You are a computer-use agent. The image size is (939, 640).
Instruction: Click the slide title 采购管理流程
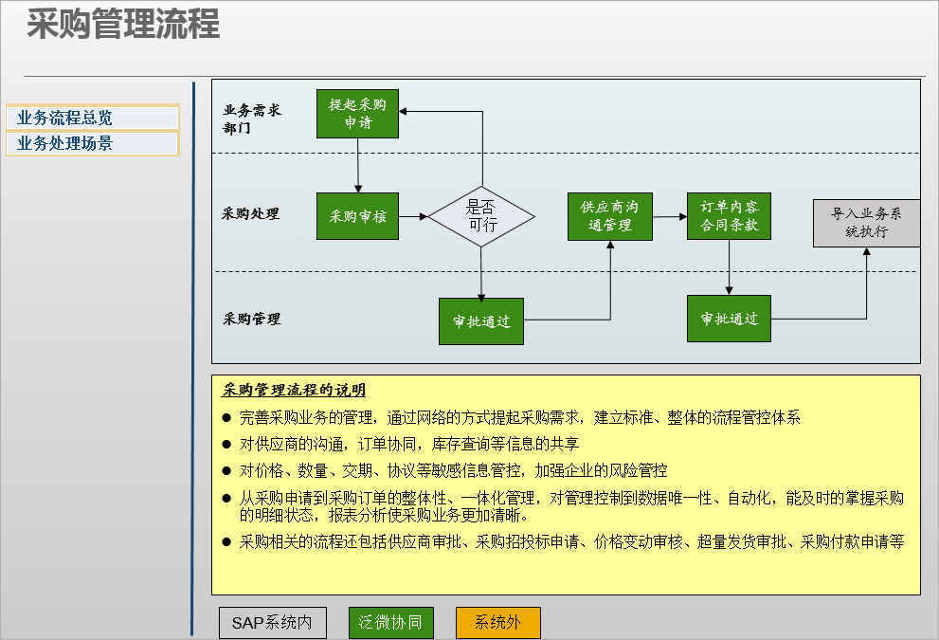tap(123, 25)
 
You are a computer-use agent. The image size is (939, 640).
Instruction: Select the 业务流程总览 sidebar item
tap(93, 118)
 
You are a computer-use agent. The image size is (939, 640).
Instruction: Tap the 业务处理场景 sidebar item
tap(93, 143)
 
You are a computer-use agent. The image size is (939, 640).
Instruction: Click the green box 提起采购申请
tap(357, 114)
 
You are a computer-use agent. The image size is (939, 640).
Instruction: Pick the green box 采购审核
tap(357, 216)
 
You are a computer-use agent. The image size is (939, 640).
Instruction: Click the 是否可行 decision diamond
tap(481, 216)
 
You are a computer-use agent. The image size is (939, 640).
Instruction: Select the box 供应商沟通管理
tap(609, 216)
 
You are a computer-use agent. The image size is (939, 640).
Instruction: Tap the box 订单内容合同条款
tap(729, 216)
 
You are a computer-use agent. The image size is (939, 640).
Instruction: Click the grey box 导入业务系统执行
tap(866, 223)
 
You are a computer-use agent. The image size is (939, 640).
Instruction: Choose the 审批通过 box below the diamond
tap(481, 321)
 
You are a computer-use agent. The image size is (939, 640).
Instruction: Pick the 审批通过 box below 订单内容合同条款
tap(729, 319)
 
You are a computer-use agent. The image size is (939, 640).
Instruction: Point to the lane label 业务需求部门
tap(251, 119)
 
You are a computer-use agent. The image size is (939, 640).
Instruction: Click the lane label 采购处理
tap(250, 213)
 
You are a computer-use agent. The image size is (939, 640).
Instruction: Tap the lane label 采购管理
tap(251, 319)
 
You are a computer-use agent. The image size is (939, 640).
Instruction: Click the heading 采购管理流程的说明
tap(294, 390)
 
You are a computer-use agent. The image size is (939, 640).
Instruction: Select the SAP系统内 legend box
tap(273, 623)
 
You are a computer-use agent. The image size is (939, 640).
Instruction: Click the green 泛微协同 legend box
tap(391, 623)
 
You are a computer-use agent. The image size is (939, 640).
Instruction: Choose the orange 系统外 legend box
tap(498, 623)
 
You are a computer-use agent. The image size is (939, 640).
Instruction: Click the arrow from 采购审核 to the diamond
tap(413, 216)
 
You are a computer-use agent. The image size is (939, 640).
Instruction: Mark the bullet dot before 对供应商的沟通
tap(226, 444)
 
